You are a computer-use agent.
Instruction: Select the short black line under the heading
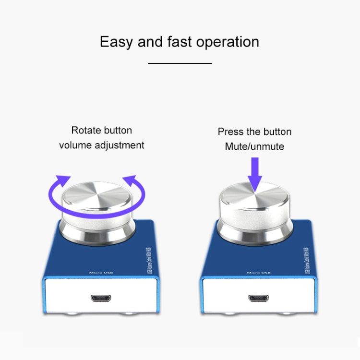180,63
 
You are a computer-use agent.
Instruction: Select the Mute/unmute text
254,146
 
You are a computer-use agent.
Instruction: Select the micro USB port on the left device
101,299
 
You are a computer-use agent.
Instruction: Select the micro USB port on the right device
258,299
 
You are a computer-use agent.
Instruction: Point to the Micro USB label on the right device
260,272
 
